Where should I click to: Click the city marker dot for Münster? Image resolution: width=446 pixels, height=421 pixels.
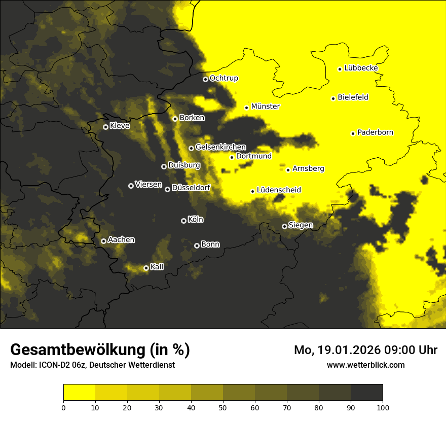[246, 108]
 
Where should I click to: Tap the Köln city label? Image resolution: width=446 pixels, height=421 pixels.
[195, 220]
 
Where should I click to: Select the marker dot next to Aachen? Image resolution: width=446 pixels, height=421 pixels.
[103, 241]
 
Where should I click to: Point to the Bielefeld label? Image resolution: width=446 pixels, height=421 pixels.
[353, 97]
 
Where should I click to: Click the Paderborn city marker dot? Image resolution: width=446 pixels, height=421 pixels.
[353, 133]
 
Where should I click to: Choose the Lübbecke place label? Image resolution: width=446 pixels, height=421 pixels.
[360, 68]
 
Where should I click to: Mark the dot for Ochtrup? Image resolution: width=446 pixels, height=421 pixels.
[205, 79]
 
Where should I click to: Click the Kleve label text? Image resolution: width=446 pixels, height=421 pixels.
[120, 126]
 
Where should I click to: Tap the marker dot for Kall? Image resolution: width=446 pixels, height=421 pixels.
[146, 268]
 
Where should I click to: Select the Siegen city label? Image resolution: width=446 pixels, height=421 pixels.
[301, 225]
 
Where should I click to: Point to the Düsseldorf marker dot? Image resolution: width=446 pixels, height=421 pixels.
[167, 189]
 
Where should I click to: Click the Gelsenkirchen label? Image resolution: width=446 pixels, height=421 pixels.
[220, 147]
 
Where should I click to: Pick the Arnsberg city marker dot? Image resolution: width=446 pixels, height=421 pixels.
[288, 170]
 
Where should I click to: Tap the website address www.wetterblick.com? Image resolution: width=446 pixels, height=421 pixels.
[366, 365]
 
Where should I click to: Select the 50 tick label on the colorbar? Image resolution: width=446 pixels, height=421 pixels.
[223, 407]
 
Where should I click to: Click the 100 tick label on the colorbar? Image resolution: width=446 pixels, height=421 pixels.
[383, 407]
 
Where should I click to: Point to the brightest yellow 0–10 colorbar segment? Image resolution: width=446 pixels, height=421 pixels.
[79, 392]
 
